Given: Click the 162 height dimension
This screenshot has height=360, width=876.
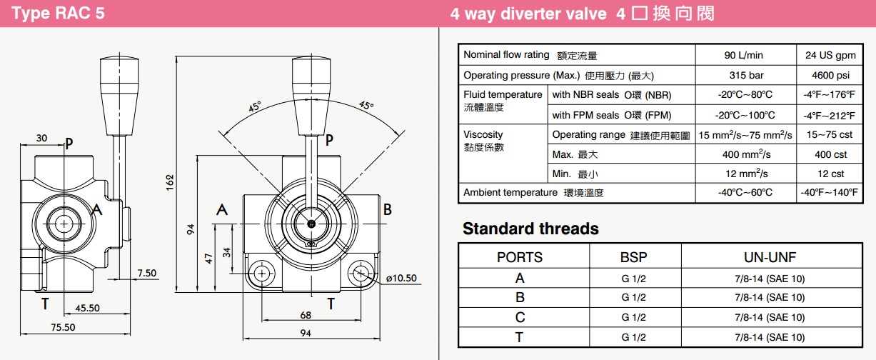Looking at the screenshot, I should tap(169, 182).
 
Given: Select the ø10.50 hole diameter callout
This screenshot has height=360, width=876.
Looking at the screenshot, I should tap(401, 279).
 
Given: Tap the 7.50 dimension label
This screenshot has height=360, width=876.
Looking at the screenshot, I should tap(147, 273).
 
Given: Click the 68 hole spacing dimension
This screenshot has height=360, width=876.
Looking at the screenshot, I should tap(306, 315).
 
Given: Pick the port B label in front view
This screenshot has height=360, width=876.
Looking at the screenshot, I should tap(388, 209).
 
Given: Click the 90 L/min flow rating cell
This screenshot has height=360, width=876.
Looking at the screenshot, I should tap(745, 55).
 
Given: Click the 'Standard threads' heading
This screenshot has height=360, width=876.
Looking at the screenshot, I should tap(530, 229).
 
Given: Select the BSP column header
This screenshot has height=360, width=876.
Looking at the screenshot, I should tap(634, 257).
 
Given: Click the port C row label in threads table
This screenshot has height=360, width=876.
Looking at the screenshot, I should tap(520, 317).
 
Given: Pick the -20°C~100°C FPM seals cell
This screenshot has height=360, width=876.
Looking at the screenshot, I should tap(745, 115).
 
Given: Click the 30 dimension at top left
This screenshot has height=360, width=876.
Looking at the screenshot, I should tap(41, 138).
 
